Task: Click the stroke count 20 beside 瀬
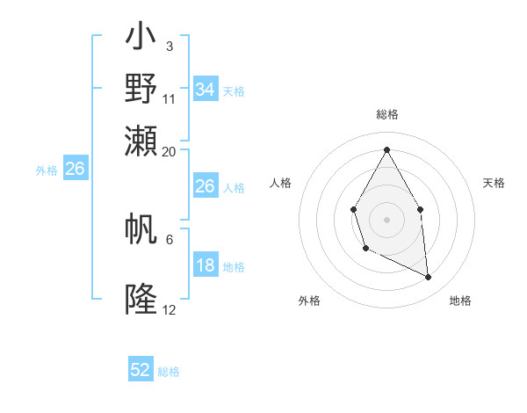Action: click(170, 151)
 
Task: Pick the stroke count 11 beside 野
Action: click(170, 98)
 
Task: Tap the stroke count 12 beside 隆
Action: click(170, 309)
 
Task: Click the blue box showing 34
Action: click(205, 90)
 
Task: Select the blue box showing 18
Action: click(205, 266)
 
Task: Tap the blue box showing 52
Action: click(141, 370)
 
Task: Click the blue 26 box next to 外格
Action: click(75, 169)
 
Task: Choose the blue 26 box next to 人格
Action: click(205, 186)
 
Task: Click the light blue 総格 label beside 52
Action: click(169, 372)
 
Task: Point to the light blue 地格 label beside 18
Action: click(234, 267)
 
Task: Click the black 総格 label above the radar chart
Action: click(386, 114)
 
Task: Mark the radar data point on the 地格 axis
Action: click(429, 278)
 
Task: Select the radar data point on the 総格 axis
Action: click(386, 149)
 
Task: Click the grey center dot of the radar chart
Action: click(386, 219)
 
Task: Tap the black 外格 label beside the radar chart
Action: click(309, 301)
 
